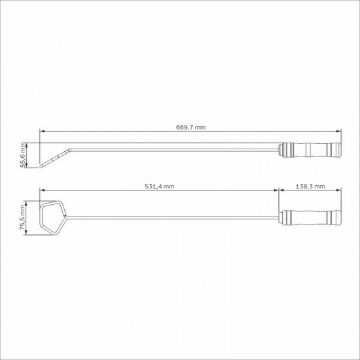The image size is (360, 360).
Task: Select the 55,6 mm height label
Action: coord(23,156)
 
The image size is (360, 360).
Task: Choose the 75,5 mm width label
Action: coord(23,218)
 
